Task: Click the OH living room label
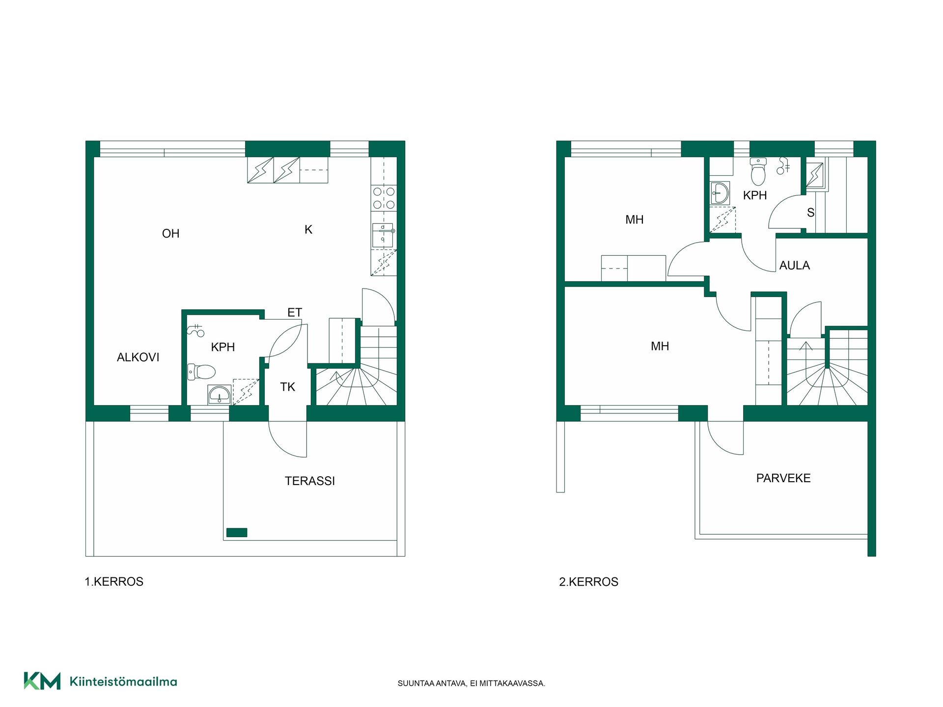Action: pyautogui.click(x=170, y=234)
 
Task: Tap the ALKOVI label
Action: pyautogui.click(x=138, y=357)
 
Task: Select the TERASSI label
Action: pyautogui.click(x=310, y=481)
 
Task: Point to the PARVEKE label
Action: pyautogui.click(x=783, y=478)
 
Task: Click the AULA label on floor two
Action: pyautogui.click(x=795, y=266)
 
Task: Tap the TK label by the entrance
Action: pyautogui.click(x=288, y=387)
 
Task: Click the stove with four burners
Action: pyautogui.click(x=384, y=198)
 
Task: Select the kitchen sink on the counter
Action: pyautogui.click(x=383, y=235)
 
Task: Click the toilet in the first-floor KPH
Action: pyautogui.click(x=201, y=372)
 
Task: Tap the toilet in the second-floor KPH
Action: pyautogui.click(x=758, y=171)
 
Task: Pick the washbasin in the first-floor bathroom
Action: pyautogui.click(x=219, y=395)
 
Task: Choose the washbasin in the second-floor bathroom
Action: pyautogui.click(x=720, y=192)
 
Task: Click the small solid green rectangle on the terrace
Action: pyautogui.click(x=237, y=532)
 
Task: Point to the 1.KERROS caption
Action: pyautogui.click(x=114, y=582)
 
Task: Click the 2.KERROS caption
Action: pyautogui.click(x=588, y=582)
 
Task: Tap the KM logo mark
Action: pyautogui.click(x=42, y=681)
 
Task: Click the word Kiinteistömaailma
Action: pyautogui.click(x=123, y=681)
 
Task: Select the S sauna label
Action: pyautogui.click(x=810, y=213)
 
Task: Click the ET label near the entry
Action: pyautogui.click(x=295, y=313)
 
